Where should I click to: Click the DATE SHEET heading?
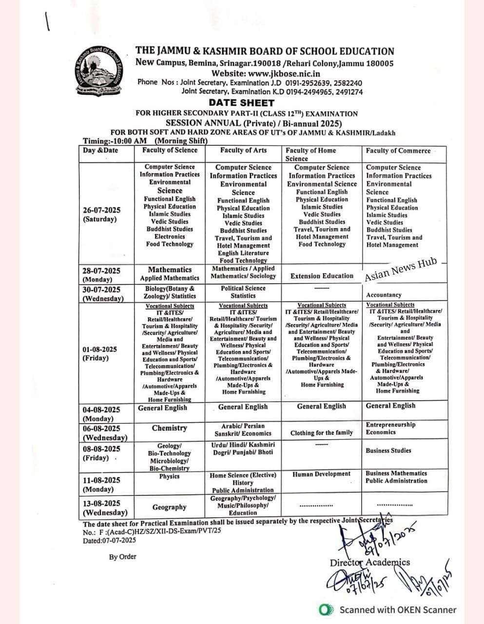click(241, 103)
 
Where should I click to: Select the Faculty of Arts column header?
click(243, 151)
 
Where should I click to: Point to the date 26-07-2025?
click(101, 210)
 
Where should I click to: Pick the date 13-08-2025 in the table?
click(101, 503)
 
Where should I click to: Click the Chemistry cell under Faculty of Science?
click(169, 428)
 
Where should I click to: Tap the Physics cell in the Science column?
click(169, 476)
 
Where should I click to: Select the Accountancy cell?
click(384, 295)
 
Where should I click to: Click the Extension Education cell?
click(322, 276)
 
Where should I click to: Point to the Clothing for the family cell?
click(321, 433)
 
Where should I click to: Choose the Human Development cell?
click(321, 474)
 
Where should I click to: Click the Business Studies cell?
click(388, 450)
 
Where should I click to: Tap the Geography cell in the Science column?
click(169, 507)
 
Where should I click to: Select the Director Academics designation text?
click(369, 563)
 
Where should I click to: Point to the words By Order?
click(122, 557)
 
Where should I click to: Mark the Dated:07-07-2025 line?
click(109, 540)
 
